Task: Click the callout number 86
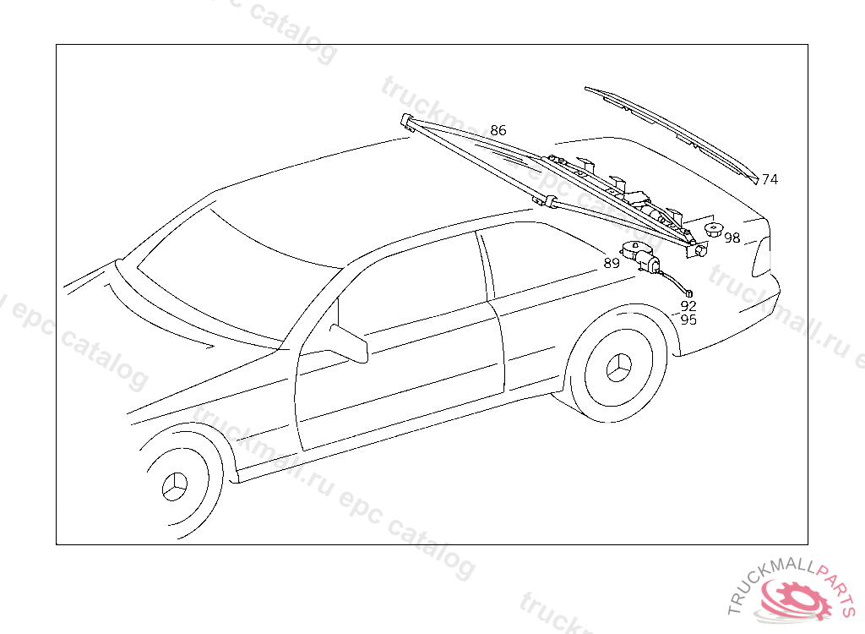pos(498,130)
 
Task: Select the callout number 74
pos(770,179)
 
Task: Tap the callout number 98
pos(732,238)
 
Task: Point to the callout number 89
pos(612,263)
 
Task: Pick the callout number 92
pos(688,306)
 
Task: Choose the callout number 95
pos(688,320)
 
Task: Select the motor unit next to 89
pos(641,257)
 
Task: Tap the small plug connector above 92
pos(688,292)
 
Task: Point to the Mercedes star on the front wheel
pos(176,488)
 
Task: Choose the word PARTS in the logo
pos(836,583)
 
